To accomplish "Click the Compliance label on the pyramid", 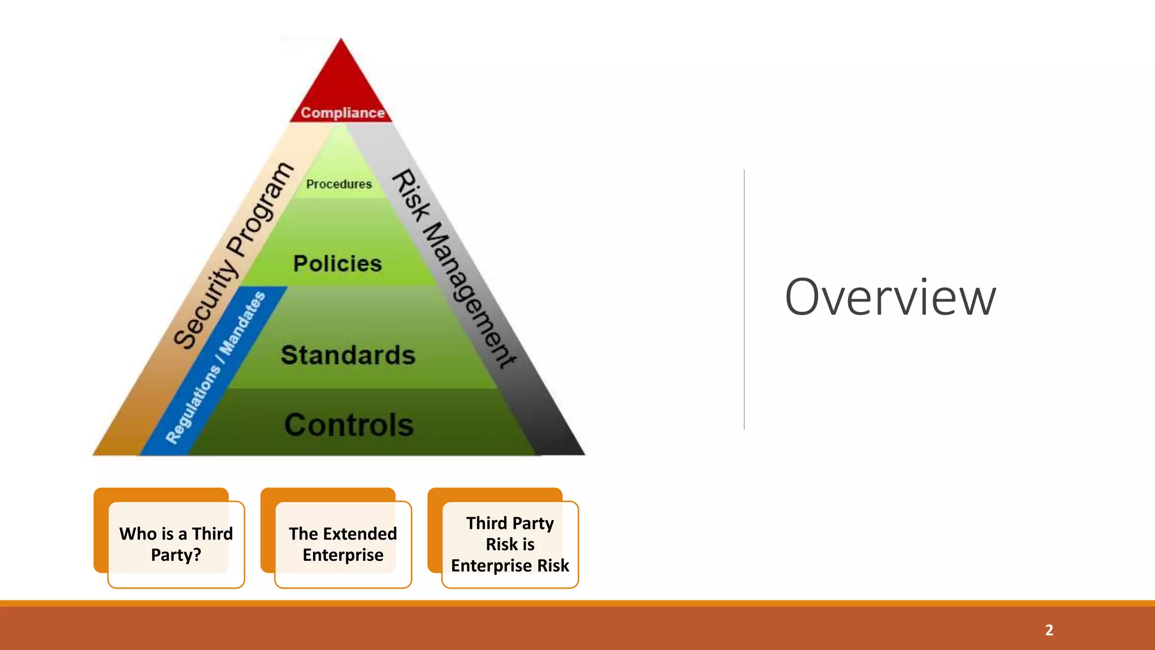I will (342, 112).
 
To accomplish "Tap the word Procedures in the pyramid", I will (339, 184).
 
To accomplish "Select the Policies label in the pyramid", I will (337, 263).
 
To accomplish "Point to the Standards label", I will (348, 355).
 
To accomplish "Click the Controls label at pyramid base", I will (349, 425).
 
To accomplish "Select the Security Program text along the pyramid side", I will (233, 255).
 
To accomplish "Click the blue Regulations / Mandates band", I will (215, 367).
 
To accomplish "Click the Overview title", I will (890, 297).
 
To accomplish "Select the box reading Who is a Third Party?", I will (176, 544).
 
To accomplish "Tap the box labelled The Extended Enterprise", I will (343, 544).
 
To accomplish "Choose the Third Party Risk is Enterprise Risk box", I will (510, 544).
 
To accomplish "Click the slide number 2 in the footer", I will (1049, 630).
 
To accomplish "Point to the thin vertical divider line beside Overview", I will (744, 299).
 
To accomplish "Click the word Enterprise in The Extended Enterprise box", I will (343, 555).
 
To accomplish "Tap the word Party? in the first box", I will (176, 555).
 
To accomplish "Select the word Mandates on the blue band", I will (243, 323).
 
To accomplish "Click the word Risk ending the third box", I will (553, 565).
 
